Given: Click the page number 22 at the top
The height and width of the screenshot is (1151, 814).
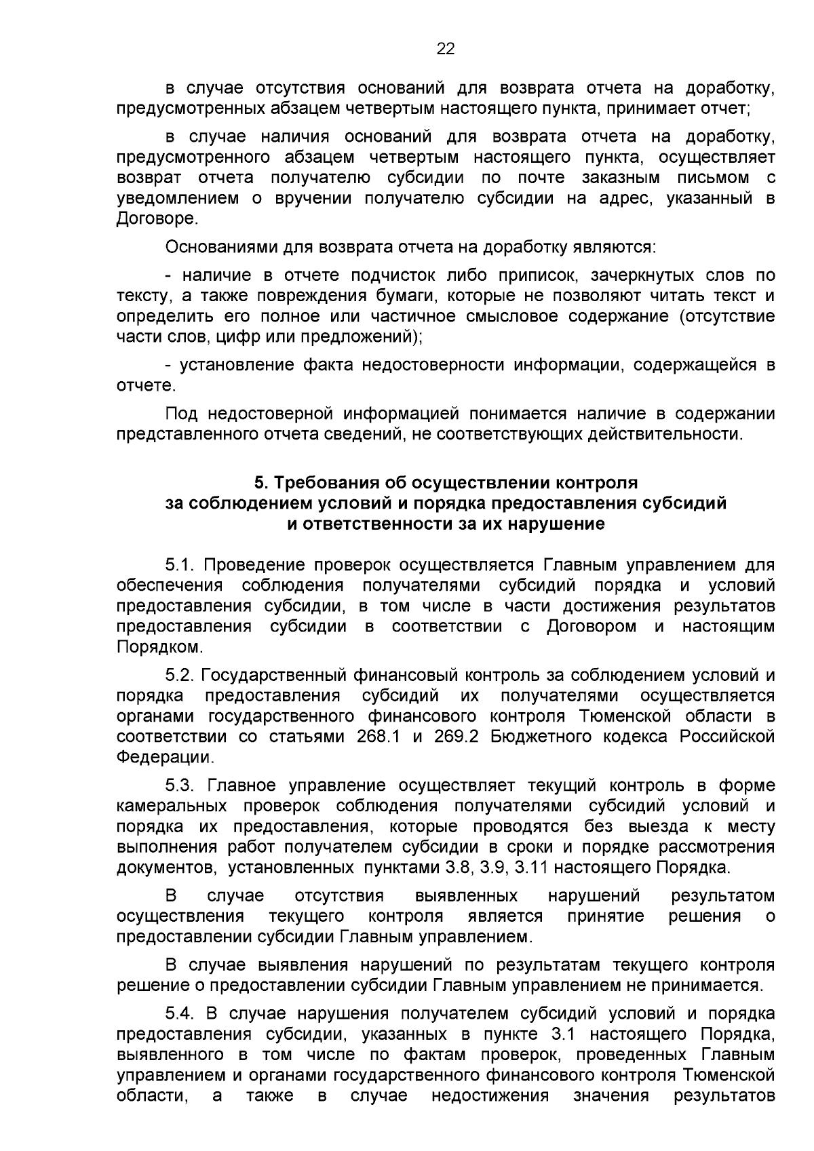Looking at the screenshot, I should pyautogui.click(x=445, y=49).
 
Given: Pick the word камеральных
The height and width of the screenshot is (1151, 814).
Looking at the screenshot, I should pyautogui.click(x=172, y=806).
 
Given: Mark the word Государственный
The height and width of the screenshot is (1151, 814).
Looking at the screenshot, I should pyautogui.click(x=275, y=676).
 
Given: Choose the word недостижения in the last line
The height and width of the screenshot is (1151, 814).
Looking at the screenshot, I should pyautogui.click(x=490, y=1115).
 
